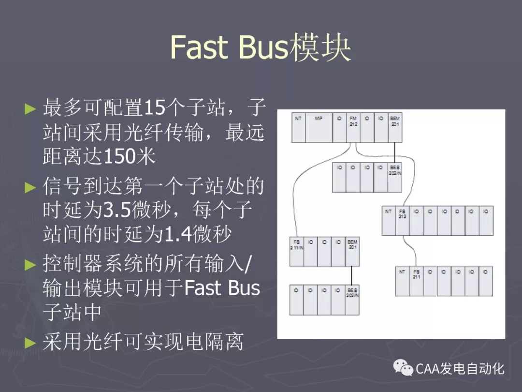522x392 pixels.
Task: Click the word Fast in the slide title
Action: click(x=199, y=47)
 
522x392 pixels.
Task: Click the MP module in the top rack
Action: click(x=319, y=128)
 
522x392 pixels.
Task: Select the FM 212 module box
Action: click(x=353, y=128)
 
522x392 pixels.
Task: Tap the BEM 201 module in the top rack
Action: click(x=395, y=128)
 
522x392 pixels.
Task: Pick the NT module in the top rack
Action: click(x=298, y=128)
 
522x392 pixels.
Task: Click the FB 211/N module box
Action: click(x=296, y=252)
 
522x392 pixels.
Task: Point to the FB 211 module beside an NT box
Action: click(x=416, y=281)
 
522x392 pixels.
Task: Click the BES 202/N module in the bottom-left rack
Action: click(x=352, y=300)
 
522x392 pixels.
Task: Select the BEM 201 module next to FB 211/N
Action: click(x=352, y=252)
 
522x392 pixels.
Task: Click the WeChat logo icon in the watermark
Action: click(x=403, y=368)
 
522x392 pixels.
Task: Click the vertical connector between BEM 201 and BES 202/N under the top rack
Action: click(x=395, y=152)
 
